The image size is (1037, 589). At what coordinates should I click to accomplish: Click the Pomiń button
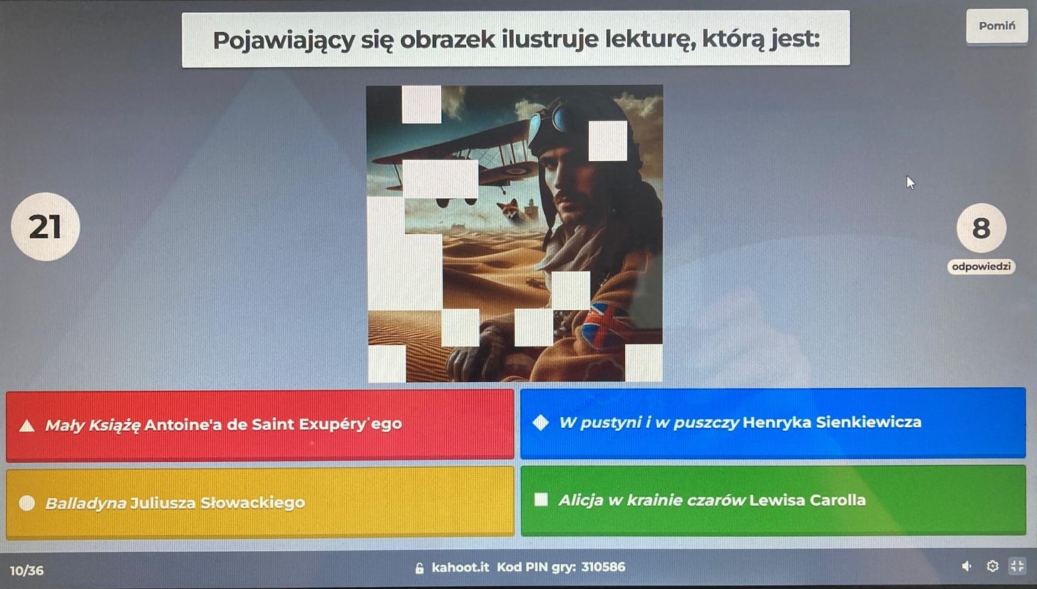(x=996, y=26)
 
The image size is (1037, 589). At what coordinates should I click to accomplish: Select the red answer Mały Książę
(x=259, y=424)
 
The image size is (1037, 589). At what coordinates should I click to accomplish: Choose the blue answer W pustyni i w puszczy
(x=773, y=424)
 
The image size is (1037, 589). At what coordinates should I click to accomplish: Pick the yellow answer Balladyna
(x=259, y=503)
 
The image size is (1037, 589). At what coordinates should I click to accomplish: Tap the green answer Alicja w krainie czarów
(x=773, y=501)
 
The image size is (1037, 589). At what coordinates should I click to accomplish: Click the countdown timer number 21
(x=45, y=227)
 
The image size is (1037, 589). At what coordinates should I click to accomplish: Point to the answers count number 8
(x=981, y=228)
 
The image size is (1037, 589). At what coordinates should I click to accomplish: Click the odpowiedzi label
(x=981, y=267)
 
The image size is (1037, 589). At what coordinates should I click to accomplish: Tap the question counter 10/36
(x=26, y=570)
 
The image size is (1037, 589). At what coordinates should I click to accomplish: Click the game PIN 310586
(x=603, y=567)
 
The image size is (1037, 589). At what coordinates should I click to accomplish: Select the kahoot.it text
(x=460, y=567)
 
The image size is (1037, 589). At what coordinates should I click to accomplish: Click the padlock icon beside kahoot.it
(x=419, y=568)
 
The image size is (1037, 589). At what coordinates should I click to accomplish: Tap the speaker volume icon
(x=966, y=566)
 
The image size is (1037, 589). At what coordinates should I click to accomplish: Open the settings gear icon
(x=992, y=566)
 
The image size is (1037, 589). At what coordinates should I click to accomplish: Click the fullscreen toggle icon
(x=1017, y=565)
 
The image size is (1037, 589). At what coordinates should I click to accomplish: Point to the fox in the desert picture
(x=508, y=209)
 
